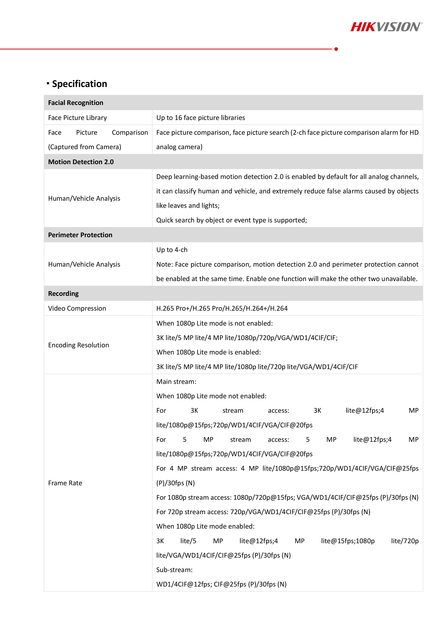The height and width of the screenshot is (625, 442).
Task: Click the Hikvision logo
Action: (x=386, y=27)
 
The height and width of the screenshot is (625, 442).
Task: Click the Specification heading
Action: (x=79, y=84)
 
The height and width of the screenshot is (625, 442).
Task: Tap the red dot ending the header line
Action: (x=336, y=49)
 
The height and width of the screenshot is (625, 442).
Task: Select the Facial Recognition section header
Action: (x=76, y=103)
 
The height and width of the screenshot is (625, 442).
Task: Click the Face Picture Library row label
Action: (x=77, y=118)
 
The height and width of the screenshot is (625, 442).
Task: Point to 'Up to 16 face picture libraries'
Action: (x=201, y=118)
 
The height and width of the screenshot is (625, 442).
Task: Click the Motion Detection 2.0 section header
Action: (x=81, y=162)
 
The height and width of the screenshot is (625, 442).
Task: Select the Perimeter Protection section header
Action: (x=80, y=235)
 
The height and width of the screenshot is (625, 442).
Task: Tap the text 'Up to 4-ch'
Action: (x=172, y=250)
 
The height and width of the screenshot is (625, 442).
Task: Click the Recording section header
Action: (x=63, y=294)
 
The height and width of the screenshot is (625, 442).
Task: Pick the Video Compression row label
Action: (x=77, y=308)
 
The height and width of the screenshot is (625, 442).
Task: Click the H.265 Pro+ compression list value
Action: (x=222, y=308)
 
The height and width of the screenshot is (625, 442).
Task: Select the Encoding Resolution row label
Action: (x=78, y=345)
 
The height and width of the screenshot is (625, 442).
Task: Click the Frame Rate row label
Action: (x=65, y=483)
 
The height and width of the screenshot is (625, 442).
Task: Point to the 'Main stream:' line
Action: (x=176, y=381)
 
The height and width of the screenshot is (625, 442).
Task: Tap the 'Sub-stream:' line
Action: (x=174, y=570)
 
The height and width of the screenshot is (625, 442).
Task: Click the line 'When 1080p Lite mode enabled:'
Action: (x=205, y=526)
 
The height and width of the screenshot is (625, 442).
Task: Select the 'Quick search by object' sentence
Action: (x=231, y=220)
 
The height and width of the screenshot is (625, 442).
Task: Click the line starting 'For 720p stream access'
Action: (x=263, y=512)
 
